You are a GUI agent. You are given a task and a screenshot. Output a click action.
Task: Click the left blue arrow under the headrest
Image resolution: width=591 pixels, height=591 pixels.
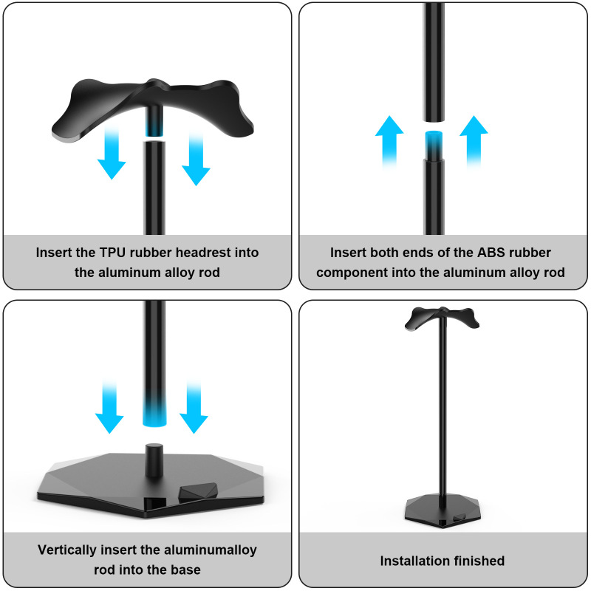[112, 155]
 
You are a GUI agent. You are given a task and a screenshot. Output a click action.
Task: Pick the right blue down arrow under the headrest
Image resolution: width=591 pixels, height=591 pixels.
[196, 159]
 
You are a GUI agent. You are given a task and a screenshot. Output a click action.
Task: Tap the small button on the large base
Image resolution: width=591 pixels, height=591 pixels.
[194, 491]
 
